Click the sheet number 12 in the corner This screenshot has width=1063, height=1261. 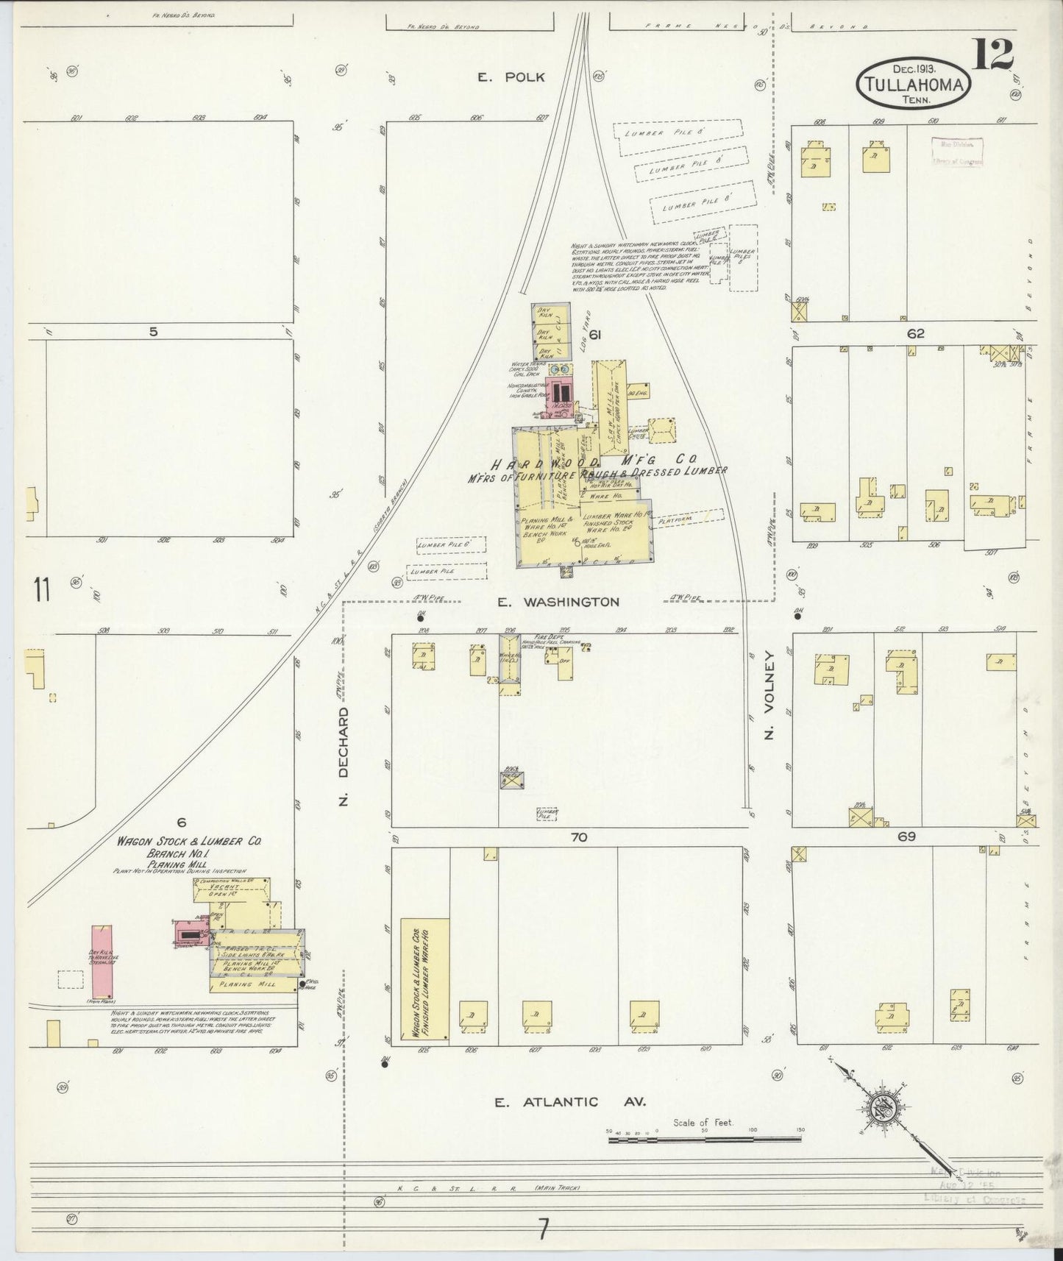point(993,54)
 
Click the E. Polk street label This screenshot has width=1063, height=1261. point(511,77)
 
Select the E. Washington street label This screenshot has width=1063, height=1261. point(558,602)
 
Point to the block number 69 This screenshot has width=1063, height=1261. point(906,836)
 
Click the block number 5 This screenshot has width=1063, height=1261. point(152,332)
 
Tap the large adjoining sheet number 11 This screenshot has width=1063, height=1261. point(41,590)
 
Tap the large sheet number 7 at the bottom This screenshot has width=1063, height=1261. point(543,1229)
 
